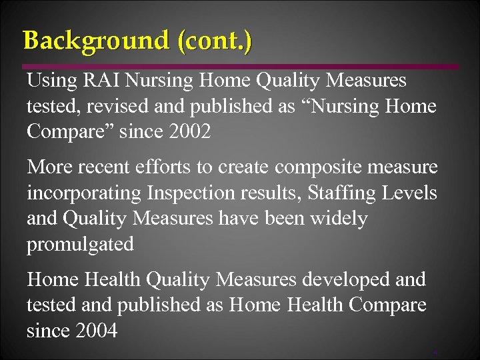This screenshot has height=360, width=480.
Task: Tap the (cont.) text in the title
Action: point(215,41)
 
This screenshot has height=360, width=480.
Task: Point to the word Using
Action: point(52,81)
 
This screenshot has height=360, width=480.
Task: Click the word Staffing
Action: point(343,193)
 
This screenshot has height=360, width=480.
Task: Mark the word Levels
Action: point(413,193)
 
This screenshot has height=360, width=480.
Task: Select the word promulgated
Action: point(80,244)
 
